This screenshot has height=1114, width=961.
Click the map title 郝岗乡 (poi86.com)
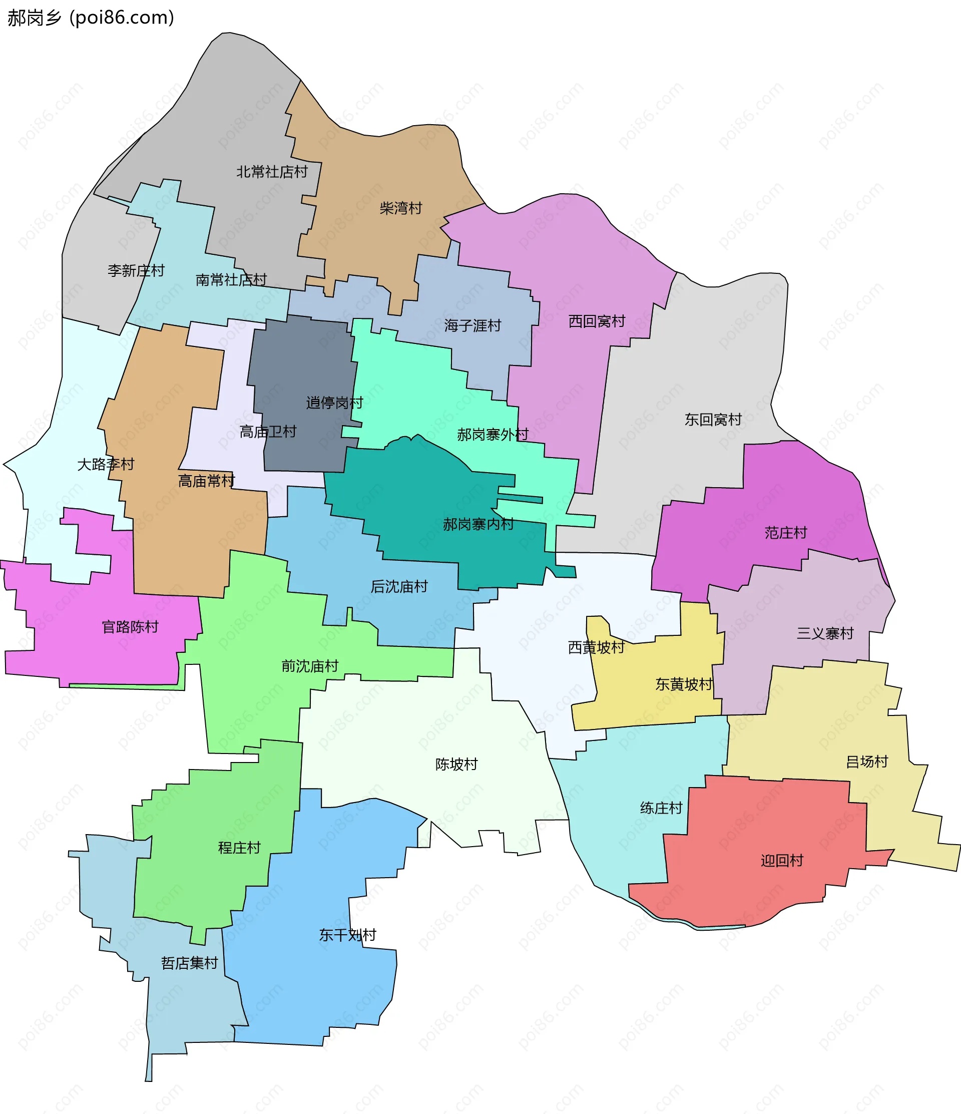pyautogui.click(x=90, y=18)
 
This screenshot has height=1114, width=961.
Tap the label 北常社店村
pyautogui.click(x=272, y=172)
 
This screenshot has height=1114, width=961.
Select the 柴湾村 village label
pyautogui.click(x=401, y=208)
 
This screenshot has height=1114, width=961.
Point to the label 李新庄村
pyautogui.click(x=136, y=270)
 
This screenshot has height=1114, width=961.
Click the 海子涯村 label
pyautogui.click(x=472, y=325)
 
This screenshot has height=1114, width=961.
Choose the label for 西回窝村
pyautogui.click(x=597, y=321)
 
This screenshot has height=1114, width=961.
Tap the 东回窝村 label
pyautogui.click(x=713, y=420)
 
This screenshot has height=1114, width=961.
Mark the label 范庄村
pyautogui.click(x=786, y=533)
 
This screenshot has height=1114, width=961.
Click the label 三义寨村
pyautogui.click(x=825, y=633)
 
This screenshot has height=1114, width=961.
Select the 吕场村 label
pyautogui.click(x=867, y=762)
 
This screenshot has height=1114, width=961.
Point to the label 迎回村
pyautogui.click(x=782, y=861)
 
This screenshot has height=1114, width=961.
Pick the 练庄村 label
pyautogui.click(x=661, y=808)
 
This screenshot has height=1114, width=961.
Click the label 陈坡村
pyautogui.click(x=456, y=764)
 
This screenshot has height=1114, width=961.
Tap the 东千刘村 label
pyautogui.click(x=347, y=935)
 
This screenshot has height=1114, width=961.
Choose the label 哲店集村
pyautogui.click(x=189, y=963)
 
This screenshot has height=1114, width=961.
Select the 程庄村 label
pyautogui.click(x=239, y=848)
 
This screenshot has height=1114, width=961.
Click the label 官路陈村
pyautogui.click(x=130, y=627)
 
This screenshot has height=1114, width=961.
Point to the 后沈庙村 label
pyautogui.click(x=399, y=587)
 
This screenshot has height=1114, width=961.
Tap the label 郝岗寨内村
pyautogui.click(x=478, y=524)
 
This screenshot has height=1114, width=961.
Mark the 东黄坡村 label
pyautogui.click(x=684, y=684)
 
